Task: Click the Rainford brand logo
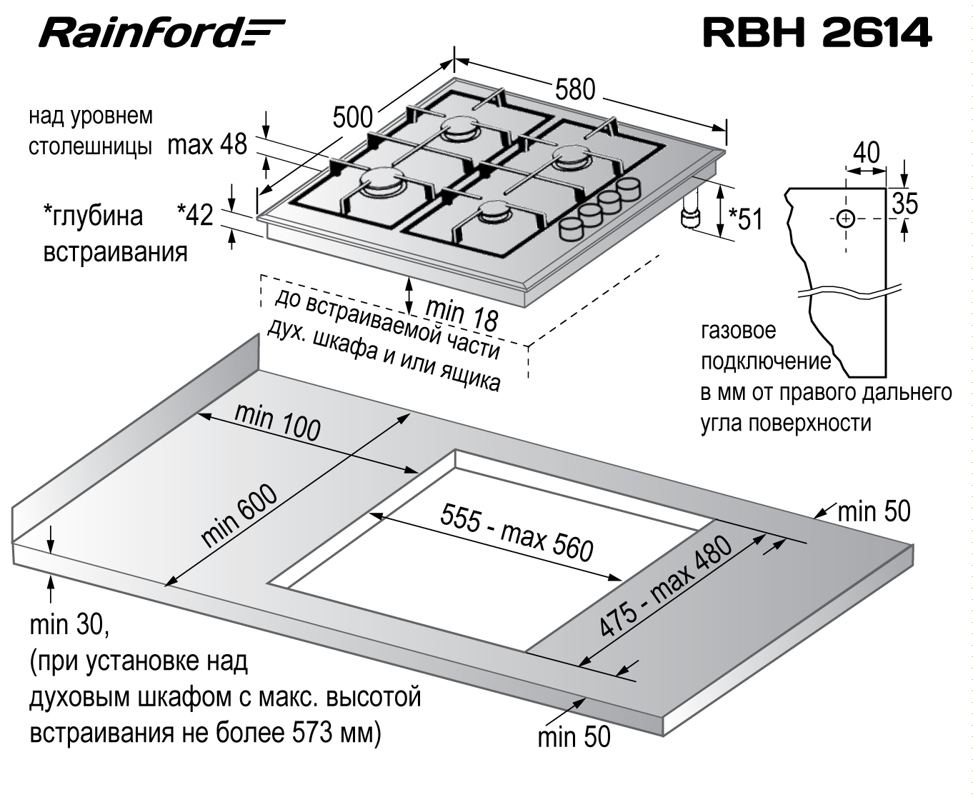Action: tap(161, 33)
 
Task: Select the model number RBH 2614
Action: tap(817, 33)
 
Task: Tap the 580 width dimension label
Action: tap(575, 89)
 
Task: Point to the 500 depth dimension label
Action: tap(352, 117)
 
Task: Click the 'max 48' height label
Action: tap(207, 144)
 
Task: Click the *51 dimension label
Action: tap(746, 219)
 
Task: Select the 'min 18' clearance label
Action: tap(461, 314)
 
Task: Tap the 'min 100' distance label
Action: tap(277, 422)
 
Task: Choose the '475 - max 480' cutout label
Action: tap(665, 586)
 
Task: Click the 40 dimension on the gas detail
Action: tap(866, 153)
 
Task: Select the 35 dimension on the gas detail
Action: tap(904, 203)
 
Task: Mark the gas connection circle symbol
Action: tap(845, 219)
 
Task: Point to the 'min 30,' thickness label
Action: tap(69, 625)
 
